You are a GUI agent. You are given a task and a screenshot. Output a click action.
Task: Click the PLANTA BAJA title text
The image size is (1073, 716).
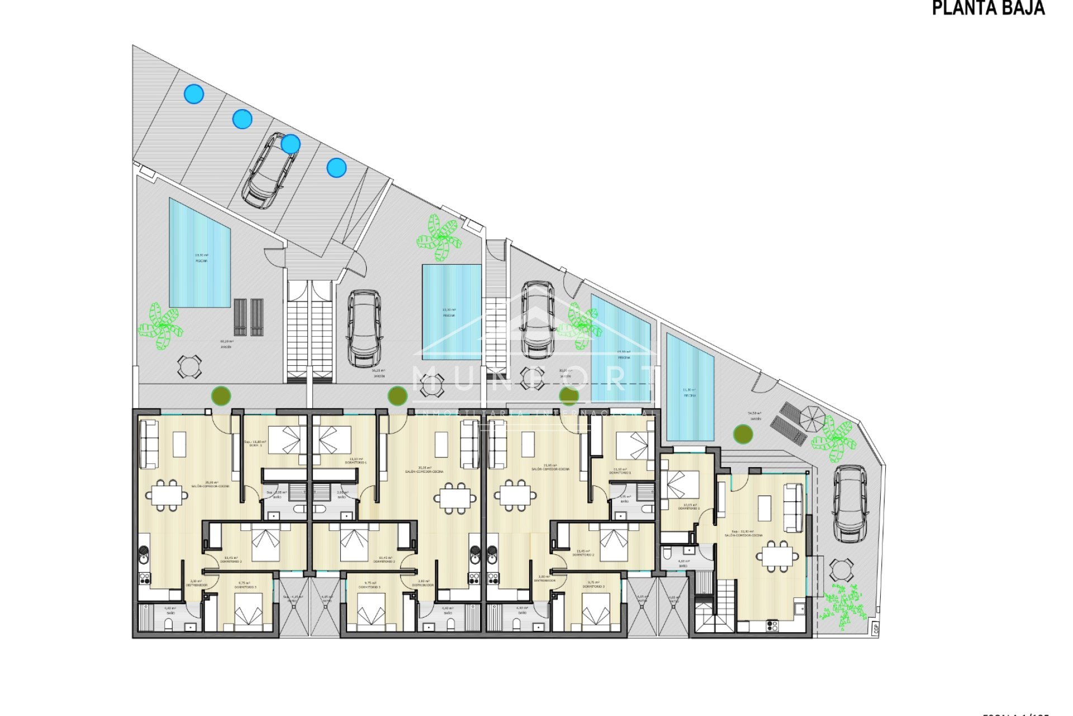pos(988,8)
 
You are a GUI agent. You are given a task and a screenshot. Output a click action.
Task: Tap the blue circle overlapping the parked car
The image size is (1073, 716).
pos(290,144)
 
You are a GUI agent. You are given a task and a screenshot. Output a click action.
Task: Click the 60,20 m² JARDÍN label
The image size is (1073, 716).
pos(226,343)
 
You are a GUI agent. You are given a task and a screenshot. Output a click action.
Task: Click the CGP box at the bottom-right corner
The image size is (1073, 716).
pos(875,628)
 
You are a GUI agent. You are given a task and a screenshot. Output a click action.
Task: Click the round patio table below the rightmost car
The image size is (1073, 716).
pos(841,571)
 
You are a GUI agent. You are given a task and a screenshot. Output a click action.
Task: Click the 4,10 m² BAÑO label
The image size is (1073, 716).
pos(683,563)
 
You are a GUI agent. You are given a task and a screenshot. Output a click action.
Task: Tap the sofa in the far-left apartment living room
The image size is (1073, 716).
pos(148,445)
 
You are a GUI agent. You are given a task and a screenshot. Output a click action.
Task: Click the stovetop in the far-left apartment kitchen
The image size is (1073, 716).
pos(144,578)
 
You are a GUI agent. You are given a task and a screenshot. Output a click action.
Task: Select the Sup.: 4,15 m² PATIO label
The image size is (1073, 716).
pos(293,598)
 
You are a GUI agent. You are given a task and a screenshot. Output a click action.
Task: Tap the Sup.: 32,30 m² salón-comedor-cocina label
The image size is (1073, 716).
pos(743,533)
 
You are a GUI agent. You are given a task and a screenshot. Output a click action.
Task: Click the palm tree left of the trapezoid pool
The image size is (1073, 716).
pos(161,326)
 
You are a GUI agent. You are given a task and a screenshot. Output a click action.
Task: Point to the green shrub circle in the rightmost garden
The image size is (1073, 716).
pos(743,434)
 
